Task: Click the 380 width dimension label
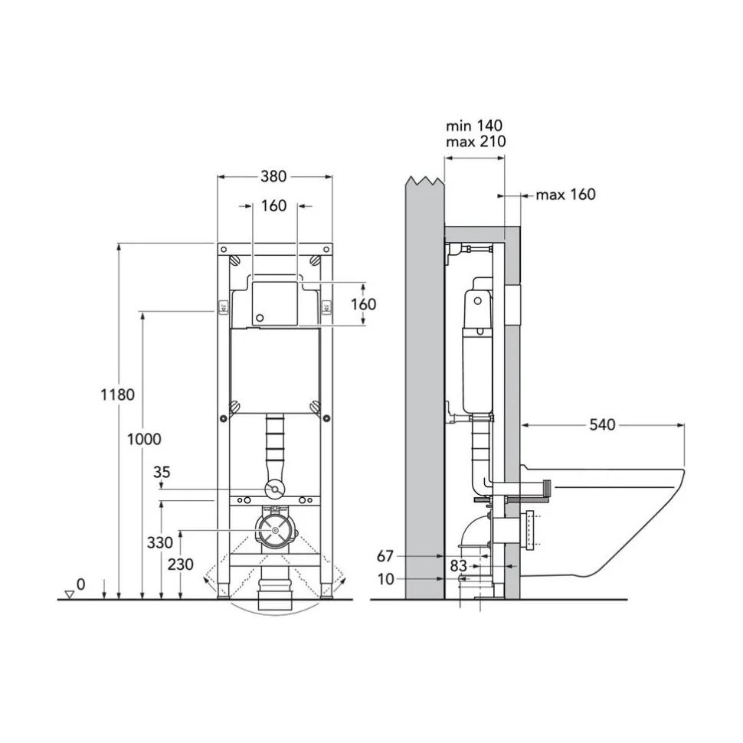273,176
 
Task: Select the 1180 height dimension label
117,394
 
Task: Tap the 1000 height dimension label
144,439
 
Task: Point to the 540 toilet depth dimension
602,424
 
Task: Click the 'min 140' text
474,126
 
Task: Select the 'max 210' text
476,141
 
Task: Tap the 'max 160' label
566,195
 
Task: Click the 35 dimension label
162,472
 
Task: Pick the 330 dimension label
159,542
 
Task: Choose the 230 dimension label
181,564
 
